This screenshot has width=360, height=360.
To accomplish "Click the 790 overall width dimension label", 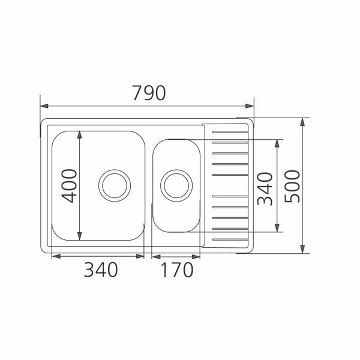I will (148, 93).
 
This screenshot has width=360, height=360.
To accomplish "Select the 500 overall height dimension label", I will (292, 186).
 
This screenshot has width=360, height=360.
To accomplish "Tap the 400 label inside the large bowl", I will (70, 185).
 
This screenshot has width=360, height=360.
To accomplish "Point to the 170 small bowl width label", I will (176, 271).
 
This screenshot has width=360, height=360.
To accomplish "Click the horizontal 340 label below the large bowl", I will (100, 271).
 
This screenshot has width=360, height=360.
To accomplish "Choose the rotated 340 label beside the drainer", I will (265, 188).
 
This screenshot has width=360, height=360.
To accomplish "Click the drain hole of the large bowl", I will (115, 185).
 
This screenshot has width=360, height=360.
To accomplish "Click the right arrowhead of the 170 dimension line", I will (196, 256).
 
